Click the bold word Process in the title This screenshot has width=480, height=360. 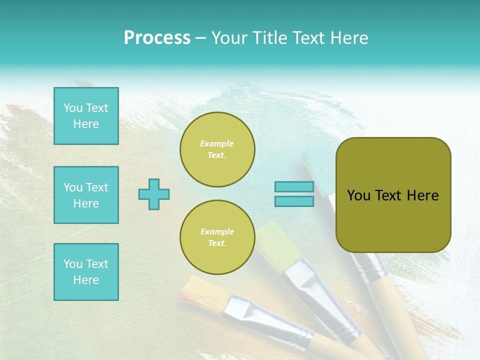click(157, 38)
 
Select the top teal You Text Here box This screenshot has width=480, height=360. click(86, 116)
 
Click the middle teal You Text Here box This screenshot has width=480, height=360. click(86, 195)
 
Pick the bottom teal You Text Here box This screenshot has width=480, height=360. click(86, 272)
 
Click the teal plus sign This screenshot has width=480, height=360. click(154, 194)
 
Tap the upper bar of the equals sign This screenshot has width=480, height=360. click(294, 187)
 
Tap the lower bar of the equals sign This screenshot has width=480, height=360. click(294, 201)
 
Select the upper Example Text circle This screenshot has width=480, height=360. click(217, 149)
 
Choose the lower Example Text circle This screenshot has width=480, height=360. click(217, 237)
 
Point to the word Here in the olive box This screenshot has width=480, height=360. click(422, 195)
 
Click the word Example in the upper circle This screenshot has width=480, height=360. click(217, 143)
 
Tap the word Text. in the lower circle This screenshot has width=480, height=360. click(217, 243)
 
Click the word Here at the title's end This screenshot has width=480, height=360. click(348, 38)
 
